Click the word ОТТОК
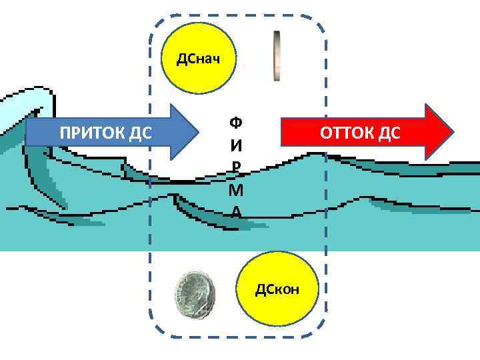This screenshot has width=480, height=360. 347,132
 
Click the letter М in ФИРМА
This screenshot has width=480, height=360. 235,190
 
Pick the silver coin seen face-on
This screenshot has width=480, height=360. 194,295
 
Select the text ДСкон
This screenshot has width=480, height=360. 277,289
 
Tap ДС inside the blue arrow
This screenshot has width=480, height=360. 139,133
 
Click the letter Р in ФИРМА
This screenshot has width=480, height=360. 235,167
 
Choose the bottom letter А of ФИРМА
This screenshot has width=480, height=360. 235,211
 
